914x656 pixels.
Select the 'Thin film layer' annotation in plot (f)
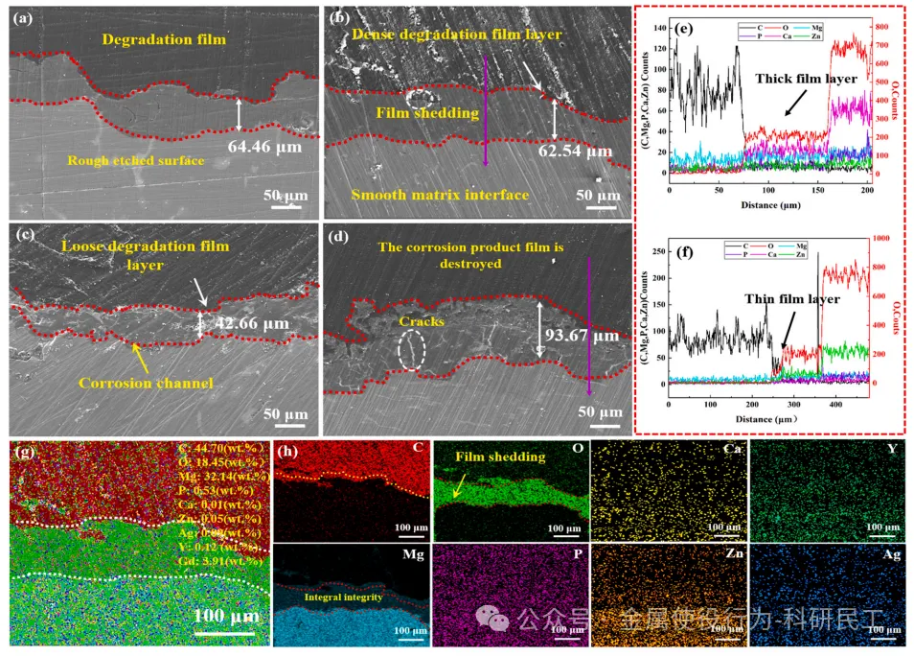coord(792,299)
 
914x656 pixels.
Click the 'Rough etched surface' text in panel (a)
coord(137,160)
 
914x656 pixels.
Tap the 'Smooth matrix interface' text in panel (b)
coord(440,196)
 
